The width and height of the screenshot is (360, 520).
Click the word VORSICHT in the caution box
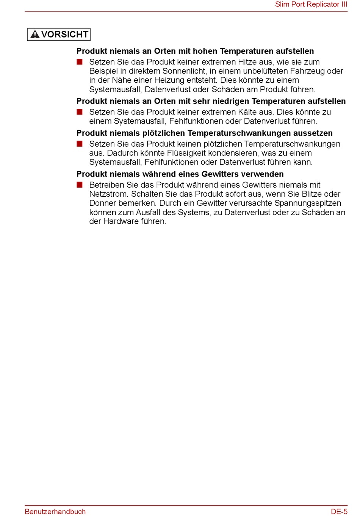[x=65, y=34]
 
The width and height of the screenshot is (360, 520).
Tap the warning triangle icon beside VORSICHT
[x=35, y=34]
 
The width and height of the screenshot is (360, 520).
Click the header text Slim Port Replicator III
[x=311, y=5]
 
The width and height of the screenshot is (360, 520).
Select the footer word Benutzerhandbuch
[x=55, y=512]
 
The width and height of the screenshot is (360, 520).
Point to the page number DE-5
[x=339, y=512]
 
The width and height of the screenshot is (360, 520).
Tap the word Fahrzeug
[x=308, y=71]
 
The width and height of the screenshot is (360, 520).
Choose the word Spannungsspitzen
[x=308, y=203]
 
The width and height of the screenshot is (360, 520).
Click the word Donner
[x=102, y=203]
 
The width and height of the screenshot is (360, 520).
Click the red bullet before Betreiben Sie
[x=80, y=185]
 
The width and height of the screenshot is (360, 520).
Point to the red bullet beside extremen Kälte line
[x=80, y=112]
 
